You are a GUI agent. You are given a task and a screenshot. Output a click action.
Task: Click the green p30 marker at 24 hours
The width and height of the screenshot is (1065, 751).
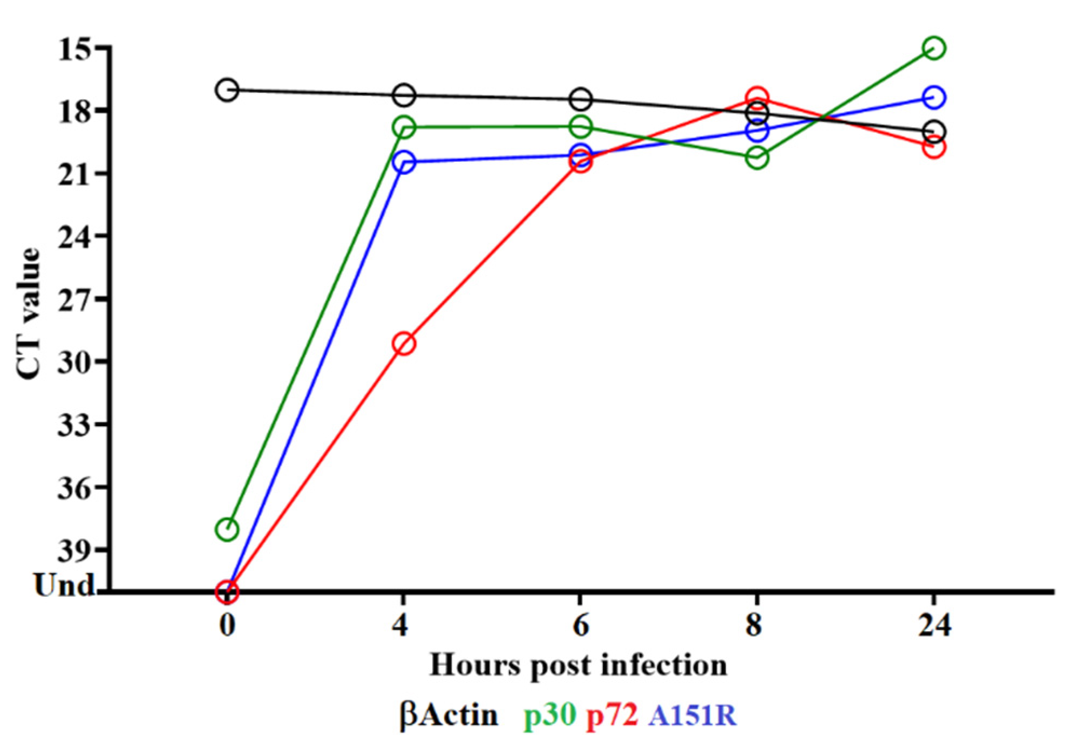click(x=934, y=48)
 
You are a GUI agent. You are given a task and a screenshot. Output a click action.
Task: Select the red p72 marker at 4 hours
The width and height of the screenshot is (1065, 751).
click(x=404, y=343)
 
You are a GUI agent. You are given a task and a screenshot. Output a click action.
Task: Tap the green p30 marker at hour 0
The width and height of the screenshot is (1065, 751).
click(x=227, y=529)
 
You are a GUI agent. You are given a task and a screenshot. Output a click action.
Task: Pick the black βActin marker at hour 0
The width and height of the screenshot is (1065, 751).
click(x=227, y=90)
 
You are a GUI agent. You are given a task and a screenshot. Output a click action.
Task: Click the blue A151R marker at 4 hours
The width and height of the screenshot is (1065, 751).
click(x=404, y=161)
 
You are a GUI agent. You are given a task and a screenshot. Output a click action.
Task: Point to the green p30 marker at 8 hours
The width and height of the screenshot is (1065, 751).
click(x=757, y=158)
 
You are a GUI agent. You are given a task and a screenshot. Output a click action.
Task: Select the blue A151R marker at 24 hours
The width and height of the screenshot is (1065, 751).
click(x=934, y=97)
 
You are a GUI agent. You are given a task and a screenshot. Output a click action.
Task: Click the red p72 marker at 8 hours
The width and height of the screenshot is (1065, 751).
click(x=757, y=98)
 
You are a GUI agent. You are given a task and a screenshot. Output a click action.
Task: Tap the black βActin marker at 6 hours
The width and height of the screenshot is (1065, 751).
click(x=581, y=99)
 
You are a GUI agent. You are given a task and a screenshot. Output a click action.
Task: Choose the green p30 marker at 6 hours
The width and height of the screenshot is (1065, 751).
click(x=581, y=127)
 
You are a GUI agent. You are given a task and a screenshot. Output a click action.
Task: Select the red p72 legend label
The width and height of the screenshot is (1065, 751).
click(x=612, y=715)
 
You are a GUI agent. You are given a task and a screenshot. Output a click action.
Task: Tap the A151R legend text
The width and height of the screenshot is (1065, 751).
click(x=693, y=715)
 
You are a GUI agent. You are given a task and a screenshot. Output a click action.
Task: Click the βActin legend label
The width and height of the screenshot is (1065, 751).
click(x=449, y=715)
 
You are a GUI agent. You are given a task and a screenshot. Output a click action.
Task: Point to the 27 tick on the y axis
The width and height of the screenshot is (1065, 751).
click(x=76, y=299)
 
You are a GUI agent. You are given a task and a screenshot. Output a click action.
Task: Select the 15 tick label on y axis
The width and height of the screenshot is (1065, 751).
click(x=76, y=49)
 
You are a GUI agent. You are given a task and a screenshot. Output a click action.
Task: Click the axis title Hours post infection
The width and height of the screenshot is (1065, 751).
click(x=578, y=665)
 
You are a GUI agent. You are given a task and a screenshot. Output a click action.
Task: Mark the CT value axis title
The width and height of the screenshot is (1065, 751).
click(x=28, y=313)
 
